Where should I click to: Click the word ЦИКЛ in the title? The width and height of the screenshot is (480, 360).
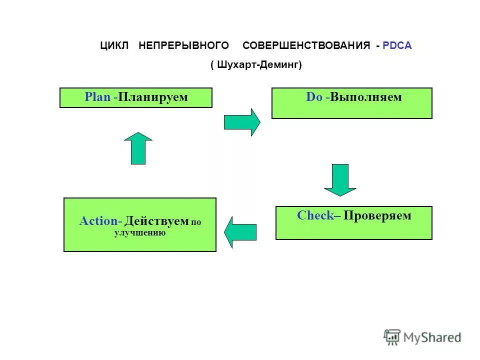[114, 45]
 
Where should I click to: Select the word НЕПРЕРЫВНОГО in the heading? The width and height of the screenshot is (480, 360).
[183, 45]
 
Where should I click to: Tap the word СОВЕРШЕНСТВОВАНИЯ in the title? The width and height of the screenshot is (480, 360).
[306, 45]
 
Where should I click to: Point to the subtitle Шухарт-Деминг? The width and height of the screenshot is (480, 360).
[256, 65]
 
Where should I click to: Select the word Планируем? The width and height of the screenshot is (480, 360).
[153, 97]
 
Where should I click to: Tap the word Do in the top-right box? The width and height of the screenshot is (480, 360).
[314, 97]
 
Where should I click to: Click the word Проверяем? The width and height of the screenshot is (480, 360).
[377, 216]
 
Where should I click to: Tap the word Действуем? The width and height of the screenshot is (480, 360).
[156, 221]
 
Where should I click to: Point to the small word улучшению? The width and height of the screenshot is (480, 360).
[140, 233]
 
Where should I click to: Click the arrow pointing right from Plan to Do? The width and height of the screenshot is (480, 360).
[242, 122]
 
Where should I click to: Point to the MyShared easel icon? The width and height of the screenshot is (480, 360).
[392, 337]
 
